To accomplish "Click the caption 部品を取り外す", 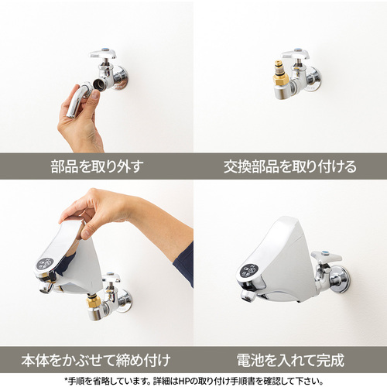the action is tap(97, 166).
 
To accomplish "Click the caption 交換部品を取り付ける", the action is tap(290, 166).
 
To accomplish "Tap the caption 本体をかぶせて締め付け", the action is tap(96, 360).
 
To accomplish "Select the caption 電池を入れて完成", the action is tap(290, 360).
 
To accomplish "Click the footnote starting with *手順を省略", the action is tap(193, 381).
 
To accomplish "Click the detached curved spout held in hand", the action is tap(77, 99).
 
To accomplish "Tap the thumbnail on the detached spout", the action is tap(95, 95).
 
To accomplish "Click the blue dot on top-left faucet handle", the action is tap(104, 49).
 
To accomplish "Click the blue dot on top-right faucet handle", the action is tap(297, 50).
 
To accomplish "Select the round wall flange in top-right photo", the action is tap(313, 79).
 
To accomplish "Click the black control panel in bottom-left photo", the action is tap(45, 264).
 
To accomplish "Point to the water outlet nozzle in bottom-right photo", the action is tap(248, 296).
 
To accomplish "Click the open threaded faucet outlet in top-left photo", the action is tap(99, 84).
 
